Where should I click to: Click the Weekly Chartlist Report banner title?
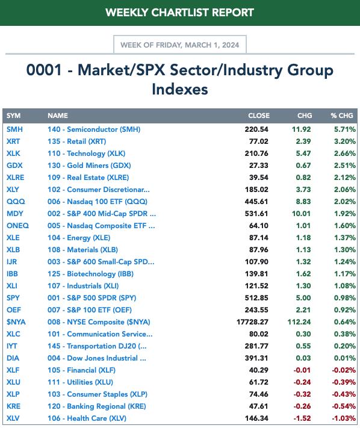(x=179, y=13)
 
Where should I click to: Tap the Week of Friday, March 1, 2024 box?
(x=180, y=45)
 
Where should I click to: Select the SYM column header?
(x=14, y=116)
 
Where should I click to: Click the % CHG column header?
(x=342, y=116)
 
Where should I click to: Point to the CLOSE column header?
(x=259, y=116)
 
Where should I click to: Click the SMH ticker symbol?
(x=14, y=129)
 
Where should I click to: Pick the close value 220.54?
(x=256, y=129)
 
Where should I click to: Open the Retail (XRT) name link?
(x=77, y=141)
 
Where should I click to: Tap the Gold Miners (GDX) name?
(x=89, y=166)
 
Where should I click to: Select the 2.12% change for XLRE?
(x=345, y=178)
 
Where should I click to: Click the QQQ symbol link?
(x=16, y=202)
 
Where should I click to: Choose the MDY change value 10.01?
(x=302, y=214)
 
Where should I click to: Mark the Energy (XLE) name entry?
(x=79, y=238)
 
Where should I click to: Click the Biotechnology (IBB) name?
(x=91, y=274)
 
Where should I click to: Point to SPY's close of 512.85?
(x=256, y=298)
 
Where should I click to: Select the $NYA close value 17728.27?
(x=252, y=322)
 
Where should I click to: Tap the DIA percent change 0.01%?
(x=345, y=358)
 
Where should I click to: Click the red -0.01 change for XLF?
(x=302, y=370)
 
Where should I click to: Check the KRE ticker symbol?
(x=14, y=406)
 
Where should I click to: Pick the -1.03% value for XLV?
(x=344, y=418)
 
